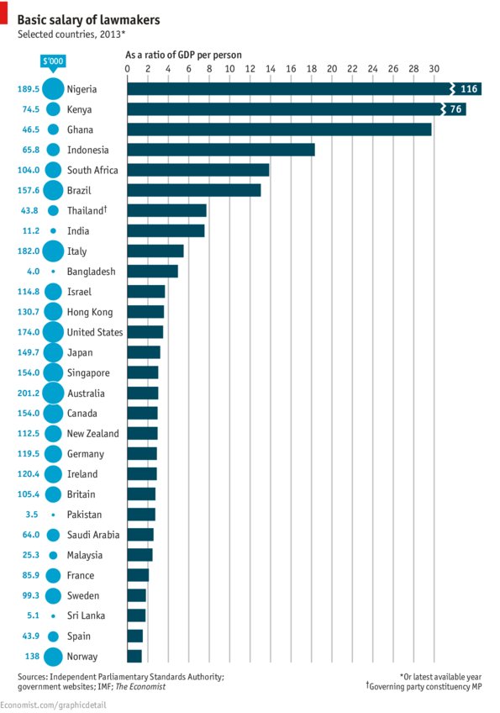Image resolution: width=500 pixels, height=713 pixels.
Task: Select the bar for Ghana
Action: [278, 129]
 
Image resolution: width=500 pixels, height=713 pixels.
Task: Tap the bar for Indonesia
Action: [220, 150]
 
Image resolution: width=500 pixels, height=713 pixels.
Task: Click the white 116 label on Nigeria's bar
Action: [468, 89]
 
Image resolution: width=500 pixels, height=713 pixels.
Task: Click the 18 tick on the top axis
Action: [311, 68]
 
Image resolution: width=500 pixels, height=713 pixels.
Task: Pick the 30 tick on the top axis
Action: [434, 68]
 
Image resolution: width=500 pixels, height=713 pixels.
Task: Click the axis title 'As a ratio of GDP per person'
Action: [183, 55]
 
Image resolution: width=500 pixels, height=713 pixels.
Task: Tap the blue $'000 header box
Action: [52, 61]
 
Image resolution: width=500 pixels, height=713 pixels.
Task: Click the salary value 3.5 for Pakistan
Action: [27, 515]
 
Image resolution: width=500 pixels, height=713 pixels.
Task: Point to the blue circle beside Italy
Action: [52, 251]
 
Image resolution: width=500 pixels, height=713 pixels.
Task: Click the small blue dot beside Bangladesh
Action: [52, 272]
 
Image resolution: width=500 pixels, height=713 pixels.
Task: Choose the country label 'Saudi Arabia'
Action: [92, 535]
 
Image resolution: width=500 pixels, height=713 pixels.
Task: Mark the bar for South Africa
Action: [197, 170]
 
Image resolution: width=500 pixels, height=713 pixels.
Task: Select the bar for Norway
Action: [134, 657]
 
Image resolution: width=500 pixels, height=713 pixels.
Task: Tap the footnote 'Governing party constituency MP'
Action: [428, 687]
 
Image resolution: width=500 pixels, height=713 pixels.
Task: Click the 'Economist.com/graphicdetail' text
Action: [51, 705]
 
